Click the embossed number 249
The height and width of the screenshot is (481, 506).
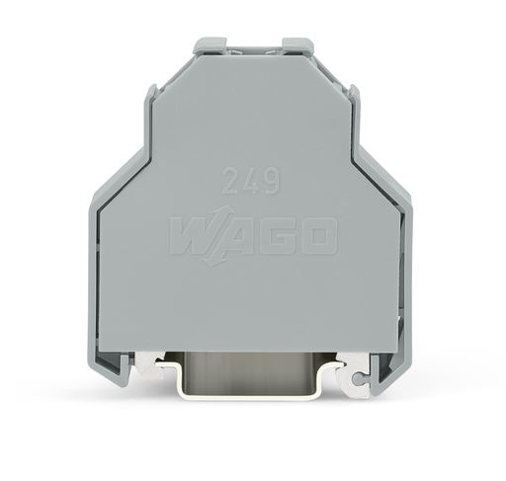pyautogui.click(x=250, y=182)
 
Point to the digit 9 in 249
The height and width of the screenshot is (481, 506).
pyautogui.click(x=270, y=182)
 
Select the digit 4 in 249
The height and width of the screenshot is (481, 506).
pyautogui.click(x=250, y=182)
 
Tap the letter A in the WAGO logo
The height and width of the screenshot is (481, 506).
pyautogui.click(x=234, y=237)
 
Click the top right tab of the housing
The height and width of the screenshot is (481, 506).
pyautogui.click(x=297, y=45)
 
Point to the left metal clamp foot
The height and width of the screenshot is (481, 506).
pyautogui.click(x=148, y=366)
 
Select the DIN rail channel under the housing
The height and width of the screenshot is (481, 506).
pyautogui.click(x=253, y=371)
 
